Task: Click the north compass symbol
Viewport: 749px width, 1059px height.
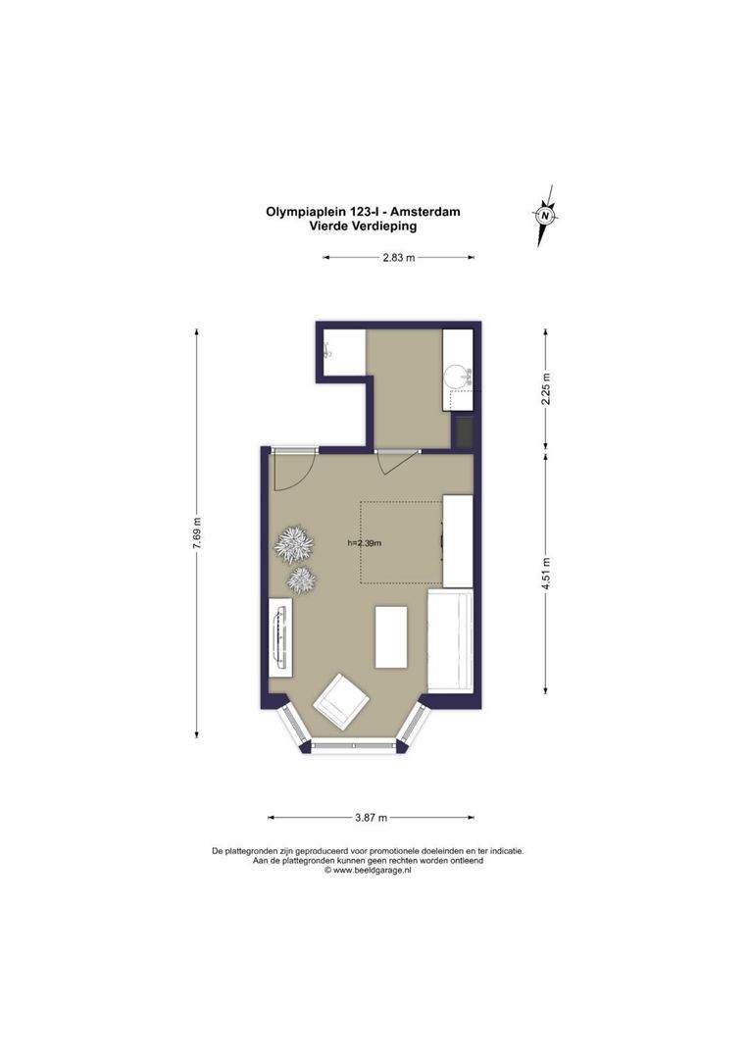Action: click(x=545, y=216)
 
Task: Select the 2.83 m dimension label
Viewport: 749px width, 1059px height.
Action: click(x=398, y=257)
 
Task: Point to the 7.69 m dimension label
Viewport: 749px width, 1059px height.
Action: click(x=197, y=534)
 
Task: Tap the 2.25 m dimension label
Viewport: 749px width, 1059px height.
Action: click(x=546, y=388)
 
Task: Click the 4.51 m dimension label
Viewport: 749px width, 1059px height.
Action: click(x=546, y=573)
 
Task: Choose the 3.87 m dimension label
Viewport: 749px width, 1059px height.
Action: click(x=372, y=818)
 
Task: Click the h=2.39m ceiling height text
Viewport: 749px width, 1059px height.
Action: click(x=365, y=542)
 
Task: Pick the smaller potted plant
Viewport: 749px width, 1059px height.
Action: click(x=301, y=580)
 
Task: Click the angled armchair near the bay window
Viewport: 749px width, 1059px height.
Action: click(x=342, y=702)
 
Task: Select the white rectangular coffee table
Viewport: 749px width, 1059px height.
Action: click(x=391, y=637)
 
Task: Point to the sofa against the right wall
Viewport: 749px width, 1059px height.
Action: click(x=450, y=640)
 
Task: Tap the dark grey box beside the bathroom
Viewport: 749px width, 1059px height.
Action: click(x=464, y=431)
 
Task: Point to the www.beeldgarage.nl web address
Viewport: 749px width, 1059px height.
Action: click(x=373, y=871)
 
